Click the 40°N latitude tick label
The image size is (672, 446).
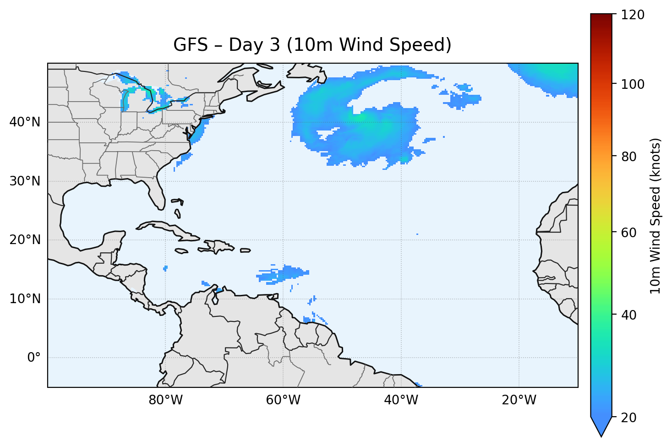[x=25, y=122]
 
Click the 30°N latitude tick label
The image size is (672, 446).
[x=25, y=181]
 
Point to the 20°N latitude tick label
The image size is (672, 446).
[x=25, y=240]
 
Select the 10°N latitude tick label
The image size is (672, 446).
[x=25, y=299]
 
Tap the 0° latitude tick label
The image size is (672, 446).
[x=34, y=358]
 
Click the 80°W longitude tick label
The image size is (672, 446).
[x=165, y=400]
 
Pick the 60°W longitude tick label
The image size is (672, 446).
[x=283, y=400]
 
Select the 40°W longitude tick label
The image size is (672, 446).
[x=401, y=400]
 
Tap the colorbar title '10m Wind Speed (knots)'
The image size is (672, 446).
[x=656, y=216]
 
